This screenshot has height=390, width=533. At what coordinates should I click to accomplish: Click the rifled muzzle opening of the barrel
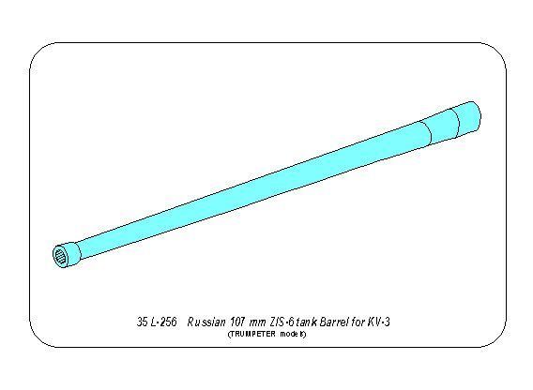pyautogui.click(x=60, y=256)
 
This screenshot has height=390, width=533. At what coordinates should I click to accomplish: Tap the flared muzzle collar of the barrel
pyautogui.click(x=68, y=255)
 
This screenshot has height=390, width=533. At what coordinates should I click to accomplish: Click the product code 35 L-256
pyautogui.click(x=157, y=322)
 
